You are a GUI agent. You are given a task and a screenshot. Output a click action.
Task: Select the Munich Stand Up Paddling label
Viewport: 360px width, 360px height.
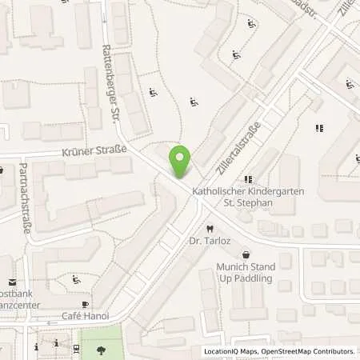coord(245,272)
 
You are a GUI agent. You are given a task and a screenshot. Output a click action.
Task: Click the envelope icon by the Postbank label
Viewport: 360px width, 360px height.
coord(11,282)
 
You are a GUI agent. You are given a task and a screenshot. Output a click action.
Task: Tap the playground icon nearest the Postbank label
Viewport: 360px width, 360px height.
coord(75,280)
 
